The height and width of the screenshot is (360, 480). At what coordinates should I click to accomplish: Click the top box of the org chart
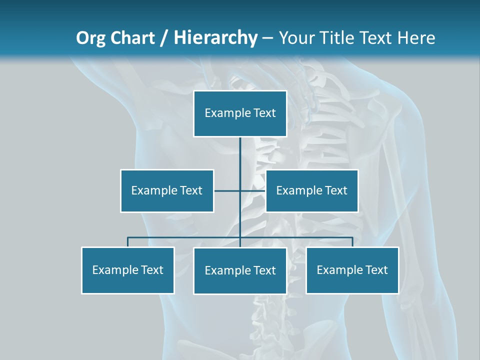click(240, 113)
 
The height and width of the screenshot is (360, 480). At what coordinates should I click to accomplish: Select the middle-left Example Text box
click(167, 190)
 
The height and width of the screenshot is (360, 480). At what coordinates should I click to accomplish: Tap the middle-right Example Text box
click(311, 190)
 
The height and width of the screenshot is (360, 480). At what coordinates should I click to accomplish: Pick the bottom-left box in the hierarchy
click(127, 270)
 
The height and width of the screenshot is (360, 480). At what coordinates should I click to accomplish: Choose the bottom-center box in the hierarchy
click(240, 270)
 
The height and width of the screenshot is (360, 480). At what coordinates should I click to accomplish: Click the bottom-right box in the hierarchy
click(352, 270)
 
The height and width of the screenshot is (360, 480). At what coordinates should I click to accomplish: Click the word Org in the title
click(91, 38)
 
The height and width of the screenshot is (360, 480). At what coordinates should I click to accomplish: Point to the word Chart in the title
click(132, 38)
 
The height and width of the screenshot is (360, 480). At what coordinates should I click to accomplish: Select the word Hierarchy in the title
click(215, 38)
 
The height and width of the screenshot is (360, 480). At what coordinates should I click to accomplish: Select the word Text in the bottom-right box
click(376, 270)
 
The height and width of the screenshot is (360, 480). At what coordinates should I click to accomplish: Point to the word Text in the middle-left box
click(191, 190)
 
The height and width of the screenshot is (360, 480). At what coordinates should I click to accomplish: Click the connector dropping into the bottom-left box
click(127, 242)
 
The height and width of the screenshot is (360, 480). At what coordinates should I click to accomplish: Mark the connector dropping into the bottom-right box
click(352, 242)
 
